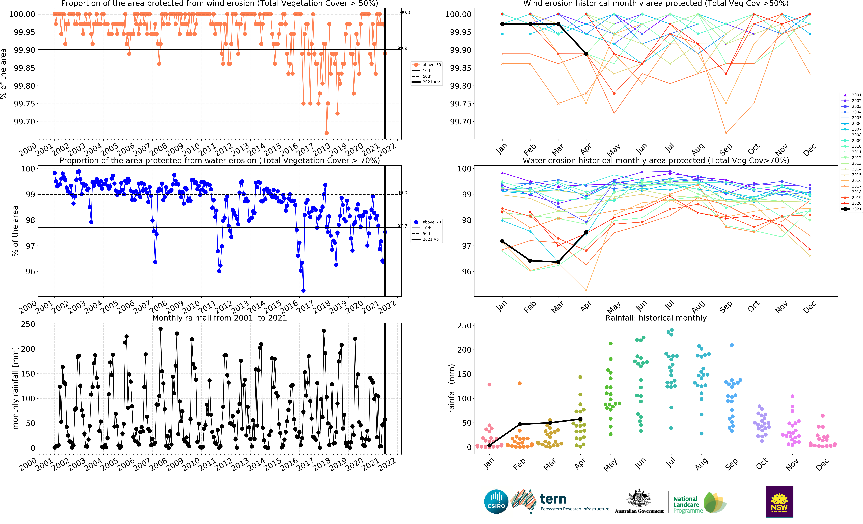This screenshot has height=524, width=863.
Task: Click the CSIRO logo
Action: (496, 501)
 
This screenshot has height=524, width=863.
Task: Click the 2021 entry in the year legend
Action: (852, 209)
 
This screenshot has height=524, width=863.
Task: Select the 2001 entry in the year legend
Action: (852, 95)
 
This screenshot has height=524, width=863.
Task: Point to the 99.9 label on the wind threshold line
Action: (402, 48)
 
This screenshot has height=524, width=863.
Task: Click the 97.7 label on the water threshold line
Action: (402, 226)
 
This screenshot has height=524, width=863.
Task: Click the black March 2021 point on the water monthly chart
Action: (558, 262)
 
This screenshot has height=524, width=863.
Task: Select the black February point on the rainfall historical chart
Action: (520, 424)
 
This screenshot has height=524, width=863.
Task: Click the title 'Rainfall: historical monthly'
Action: (656, 318)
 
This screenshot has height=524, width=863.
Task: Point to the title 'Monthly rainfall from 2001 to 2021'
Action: (220, 318)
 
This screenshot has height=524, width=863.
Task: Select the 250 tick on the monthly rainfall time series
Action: (28, 325)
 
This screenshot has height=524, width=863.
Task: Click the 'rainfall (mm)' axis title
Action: (452, 389)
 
